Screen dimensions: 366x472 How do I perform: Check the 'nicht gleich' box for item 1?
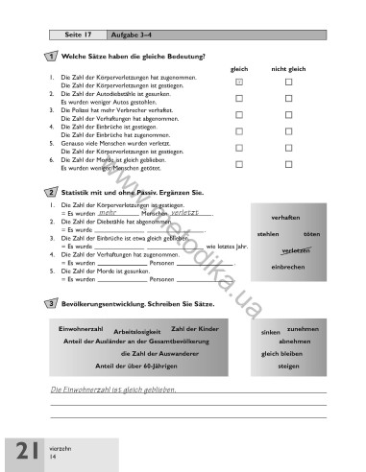[x=288, y=83]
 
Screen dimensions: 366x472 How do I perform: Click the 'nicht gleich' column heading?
[x=287, y=69]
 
